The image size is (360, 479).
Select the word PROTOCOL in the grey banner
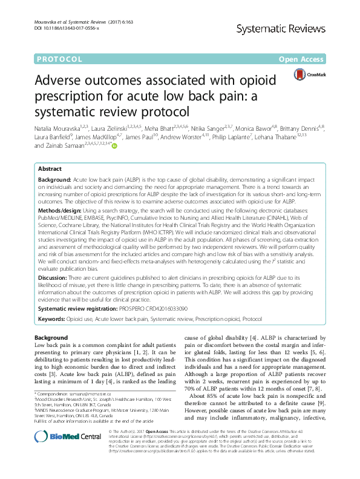(59, 59)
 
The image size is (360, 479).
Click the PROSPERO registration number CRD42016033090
(158, 308)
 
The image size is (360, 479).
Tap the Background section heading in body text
(51, 337)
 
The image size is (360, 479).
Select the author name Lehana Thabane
(292, 137)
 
